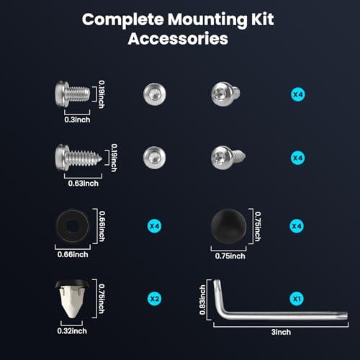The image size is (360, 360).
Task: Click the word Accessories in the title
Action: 178,39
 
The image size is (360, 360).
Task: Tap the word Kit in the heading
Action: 263,19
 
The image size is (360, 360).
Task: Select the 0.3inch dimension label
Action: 77,120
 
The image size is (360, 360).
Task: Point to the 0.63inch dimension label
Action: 84,184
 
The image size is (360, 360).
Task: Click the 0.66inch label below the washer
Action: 73,254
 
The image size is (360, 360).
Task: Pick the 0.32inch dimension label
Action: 72,331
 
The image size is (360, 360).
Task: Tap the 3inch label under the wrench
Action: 281,332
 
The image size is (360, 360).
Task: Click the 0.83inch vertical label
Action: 202,300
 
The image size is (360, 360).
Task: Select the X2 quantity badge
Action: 154,299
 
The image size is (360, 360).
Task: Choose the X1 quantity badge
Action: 297,299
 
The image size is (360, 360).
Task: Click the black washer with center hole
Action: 73,226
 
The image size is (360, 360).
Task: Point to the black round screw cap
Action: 228,226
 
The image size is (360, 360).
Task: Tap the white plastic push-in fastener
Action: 72,299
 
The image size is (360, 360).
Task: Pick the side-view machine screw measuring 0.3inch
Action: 73,94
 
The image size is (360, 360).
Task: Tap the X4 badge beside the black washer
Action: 154,226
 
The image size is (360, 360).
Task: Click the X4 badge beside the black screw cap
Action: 297,226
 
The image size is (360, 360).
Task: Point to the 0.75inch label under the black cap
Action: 230,256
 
